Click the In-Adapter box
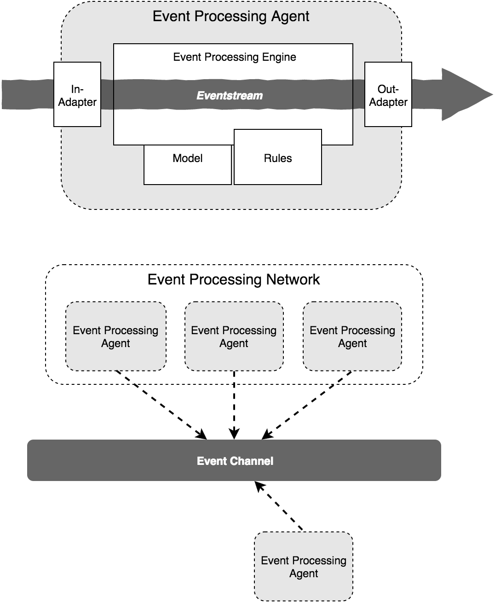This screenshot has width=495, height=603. pos(77,95)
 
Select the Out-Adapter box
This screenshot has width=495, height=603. pos(388,95)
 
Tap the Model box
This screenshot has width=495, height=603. pos(188,164)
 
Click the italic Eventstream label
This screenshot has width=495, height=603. pos(230,96)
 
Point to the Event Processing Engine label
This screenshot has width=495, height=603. pos(234,57)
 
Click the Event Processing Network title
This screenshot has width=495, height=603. pos(233,279)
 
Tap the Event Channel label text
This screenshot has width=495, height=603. pos(235,461)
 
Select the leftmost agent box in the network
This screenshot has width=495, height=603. pos(116,336)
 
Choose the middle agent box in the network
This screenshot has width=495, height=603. pos(234,336)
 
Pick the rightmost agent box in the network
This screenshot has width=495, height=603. pos(352,336)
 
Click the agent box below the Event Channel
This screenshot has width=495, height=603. pos(304,567)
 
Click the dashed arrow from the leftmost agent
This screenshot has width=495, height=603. pos(161,405)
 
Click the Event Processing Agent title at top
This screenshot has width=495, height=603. pos(230,17)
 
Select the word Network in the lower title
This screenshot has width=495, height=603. pos(292,279)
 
